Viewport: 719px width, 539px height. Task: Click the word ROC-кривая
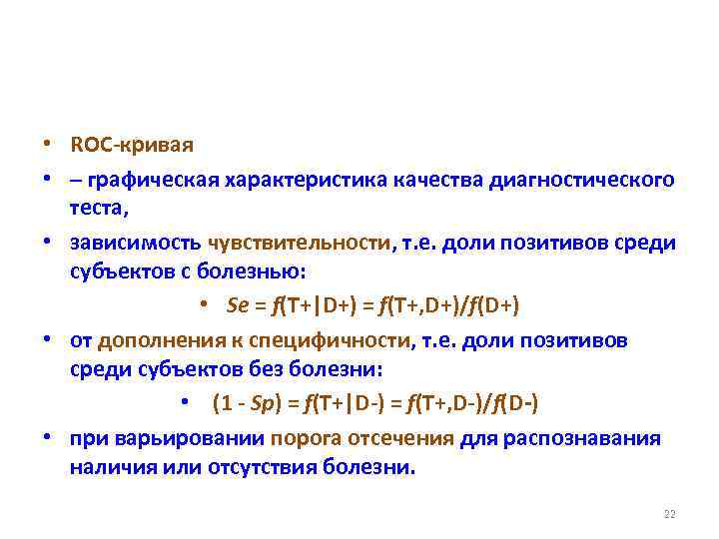point(132,145)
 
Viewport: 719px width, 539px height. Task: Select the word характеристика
point(293,180)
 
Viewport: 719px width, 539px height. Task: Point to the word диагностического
point(580,180)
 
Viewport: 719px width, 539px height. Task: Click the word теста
point(99,208)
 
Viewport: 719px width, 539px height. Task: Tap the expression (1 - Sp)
point(243,403)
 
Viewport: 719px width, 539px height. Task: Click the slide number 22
point(669,514)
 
